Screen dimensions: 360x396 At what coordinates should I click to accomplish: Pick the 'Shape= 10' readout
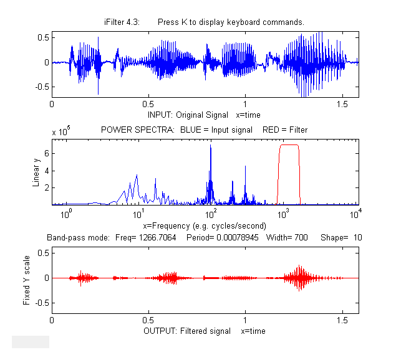341,238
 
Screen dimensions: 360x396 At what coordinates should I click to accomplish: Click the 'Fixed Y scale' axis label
26,278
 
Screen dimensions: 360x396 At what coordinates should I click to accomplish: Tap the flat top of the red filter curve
289,144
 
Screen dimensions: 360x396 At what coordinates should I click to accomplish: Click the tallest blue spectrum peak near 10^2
211,146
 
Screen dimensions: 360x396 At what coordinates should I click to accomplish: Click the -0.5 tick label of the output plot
42,303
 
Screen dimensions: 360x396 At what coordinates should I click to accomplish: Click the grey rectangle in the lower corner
31,341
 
